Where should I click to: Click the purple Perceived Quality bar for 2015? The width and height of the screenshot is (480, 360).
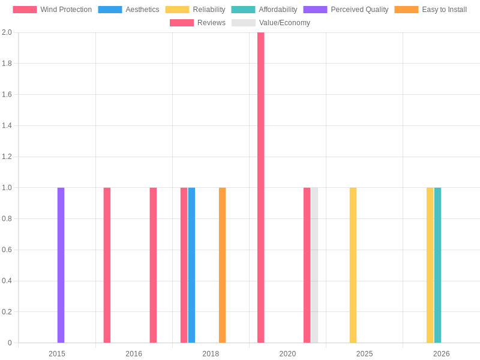click(x=61, y=265)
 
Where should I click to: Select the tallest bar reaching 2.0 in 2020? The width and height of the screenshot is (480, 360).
click(x=260, y=187)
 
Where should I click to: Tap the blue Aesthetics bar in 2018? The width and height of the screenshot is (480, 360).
click(x=191, y=265)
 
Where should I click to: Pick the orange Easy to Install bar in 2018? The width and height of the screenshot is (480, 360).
click(x=222, y=265)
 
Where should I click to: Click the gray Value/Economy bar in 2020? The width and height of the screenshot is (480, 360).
click(x=314, y=265)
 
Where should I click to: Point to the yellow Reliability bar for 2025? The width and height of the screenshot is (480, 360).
click(x=353, y=265)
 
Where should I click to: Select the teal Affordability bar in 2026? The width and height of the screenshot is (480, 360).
click(x=437, y=265)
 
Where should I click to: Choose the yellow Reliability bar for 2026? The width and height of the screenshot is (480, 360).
click(x=430, y=265)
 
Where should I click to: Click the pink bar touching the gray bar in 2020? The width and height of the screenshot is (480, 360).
click(x=307, y=265)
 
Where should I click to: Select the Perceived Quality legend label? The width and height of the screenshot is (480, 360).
click(x=359, y=10)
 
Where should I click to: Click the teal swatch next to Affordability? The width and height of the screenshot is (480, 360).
click(x=243, y=10)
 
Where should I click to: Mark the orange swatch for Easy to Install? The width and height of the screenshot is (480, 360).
click(x=406, y=10)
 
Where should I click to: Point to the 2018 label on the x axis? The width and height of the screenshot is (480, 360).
click(x=211, y=354)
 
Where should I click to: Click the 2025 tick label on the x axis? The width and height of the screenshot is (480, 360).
click(x=364, y=354)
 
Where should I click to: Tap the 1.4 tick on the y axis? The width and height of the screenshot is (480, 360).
click(x=7, y=125)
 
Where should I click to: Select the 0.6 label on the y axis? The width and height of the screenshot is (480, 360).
click(x=7, y=250)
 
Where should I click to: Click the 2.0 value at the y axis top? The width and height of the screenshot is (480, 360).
click(x=7, y=32)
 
